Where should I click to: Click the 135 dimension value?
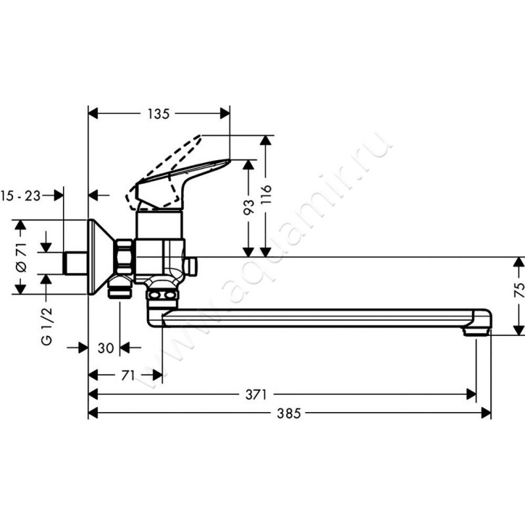tap(158, 114)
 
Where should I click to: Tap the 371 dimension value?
tap(257, 394)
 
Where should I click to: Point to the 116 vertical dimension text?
tap(265, 196)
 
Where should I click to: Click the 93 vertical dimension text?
tap(248, 208)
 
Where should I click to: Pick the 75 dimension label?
tap(518, 289)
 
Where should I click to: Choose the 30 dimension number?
tap(105, 348)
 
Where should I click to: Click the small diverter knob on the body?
tap(192, 266)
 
